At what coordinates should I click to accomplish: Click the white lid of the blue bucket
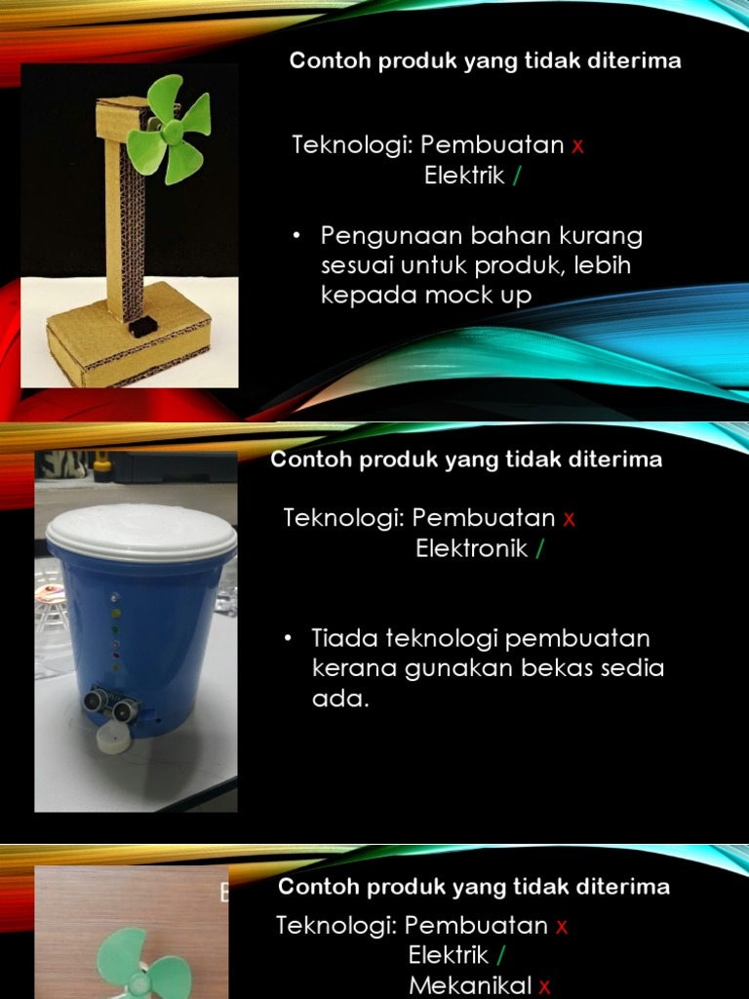click(141, 531)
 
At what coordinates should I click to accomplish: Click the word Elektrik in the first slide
click(464, 177)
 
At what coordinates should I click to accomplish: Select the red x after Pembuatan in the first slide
click(577, 146)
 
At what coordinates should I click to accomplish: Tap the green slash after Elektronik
click(540, 549)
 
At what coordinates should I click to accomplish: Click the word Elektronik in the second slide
click(472, 549)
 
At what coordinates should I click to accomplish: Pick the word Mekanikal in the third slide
click(470, 985)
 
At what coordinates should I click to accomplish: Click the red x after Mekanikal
click(544, 986)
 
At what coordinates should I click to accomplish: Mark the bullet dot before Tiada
click(289, 638)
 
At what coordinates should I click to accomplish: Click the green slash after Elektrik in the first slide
click(516, 177)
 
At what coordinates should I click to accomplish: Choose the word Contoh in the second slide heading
click(302, 460)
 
